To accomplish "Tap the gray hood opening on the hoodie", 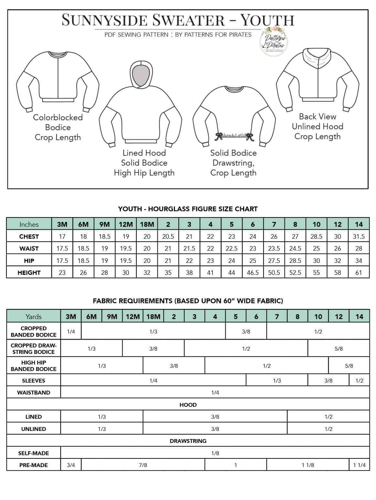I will pos(142,75).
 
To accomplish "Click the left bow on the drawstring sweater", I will pos(220,136).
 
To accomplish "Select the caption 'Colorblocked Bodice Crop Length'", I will pos(58,127).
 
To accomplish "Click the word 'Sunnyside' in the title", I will pos(104,20).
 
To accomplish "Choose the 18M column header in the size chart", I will pos(147,224).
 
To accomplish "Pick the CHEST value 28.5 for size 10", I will pos(316,236).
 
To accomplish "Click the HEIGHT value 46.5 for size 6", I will pos(252,273).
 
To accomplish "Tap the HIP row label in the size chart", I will pos(29,261).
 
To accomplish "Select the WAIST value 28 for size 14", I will pos(359,248).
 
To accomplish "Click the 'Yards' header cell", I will pos(34,316).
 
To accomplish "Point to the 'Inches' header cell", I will pos(29,224).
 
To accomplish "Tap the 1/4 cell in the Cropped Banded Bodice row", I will pos(71,332).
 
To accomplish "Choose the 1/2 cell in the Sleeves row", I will pos(359,381).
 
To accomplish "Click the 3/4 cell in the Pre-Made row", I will pos(71,465).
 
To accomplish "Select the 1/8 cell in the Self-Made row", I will pos(215,453).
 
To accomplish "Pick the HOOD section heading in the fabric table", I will pos(188,405).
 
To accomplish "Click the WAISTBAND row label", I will pos(34,393).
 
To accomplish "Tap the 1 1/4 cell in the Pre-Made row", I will pos(359,465).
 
